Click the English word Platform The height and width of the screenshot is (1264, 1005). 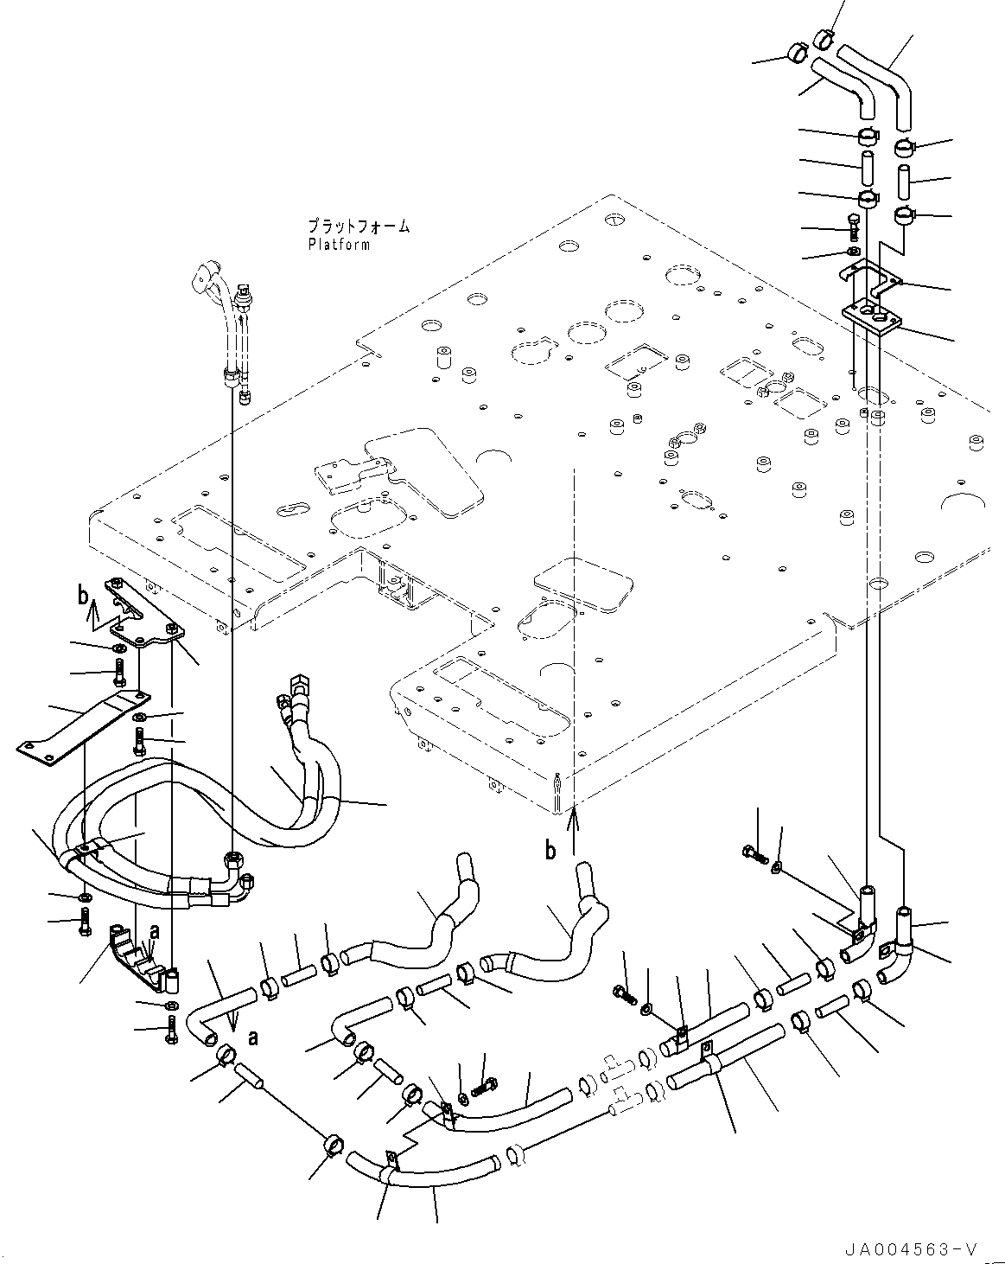click(339, 245)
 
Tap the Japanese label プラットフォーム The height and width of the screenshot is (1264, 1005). click(358, 227)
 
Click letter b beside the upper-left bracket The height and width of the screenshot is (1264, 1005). click(83, 595)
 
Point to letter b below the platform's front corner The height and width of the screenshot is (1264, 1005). click(550, 850)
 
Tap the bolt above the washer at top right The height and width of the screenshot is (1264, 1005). click(854, 225)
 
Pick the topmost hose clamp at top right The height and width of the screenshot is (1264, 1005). click(824, 38)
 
